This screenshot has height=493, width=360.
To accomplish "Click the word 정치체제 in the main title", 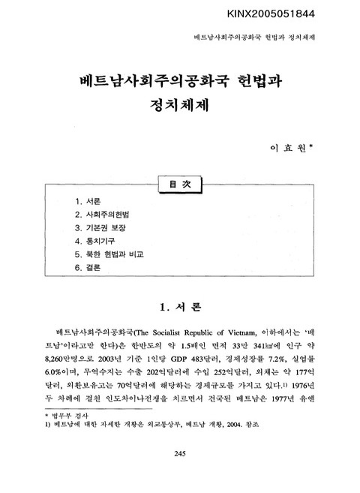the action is click(179, 107).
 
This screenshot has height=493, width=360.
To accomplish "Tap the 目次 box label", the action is click(179, 184).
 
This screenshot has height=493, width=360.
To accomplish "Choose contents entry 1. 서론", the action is click(88, 202).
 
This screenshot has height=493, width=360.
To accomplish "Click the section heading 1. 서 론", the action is click(180, 308).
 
